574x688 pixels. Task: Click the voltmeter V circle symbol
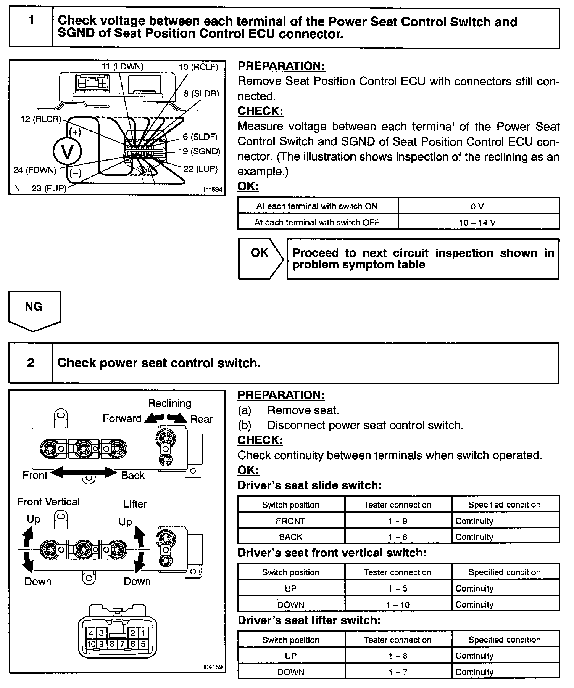click(67, 152)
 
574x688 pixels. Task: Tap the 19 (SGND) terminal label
click(199, 151)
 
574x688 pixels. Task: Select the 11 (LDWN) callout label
click(123, 67)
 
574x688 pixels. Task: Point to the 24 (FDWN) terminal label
click(35, 170)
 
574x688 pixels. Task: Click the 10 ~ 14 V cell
click(478, 223)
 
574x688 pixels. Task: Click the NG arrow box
click(34, 309)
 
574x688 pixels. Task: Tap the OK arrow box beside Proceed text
click(260, 258)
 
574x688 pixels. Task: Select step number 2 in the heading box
click(31, 363)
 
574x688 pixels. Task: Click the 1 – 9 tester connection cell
click(398, 521)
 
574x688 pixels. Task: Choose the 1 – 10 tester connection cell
click(398, 604)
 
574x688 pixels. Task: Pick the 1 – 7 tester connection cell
click(398, 672)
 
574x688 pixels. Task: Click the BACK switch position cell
click(291, 537)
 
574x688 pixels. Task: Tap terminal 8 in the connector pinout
click(112, 644)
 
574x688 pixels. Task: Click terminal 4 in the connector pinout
click(91, 633)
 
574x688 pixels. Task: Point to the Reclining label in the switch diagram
click(169, 403)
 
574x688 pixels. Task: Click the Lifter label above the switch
click(135, 504)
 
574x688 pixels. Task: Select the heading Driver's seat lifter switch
click(309, 620)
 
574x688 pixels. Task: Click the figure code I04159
click(213, 667)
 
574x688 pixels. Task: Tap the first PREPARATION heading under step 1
click(281, 66)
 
